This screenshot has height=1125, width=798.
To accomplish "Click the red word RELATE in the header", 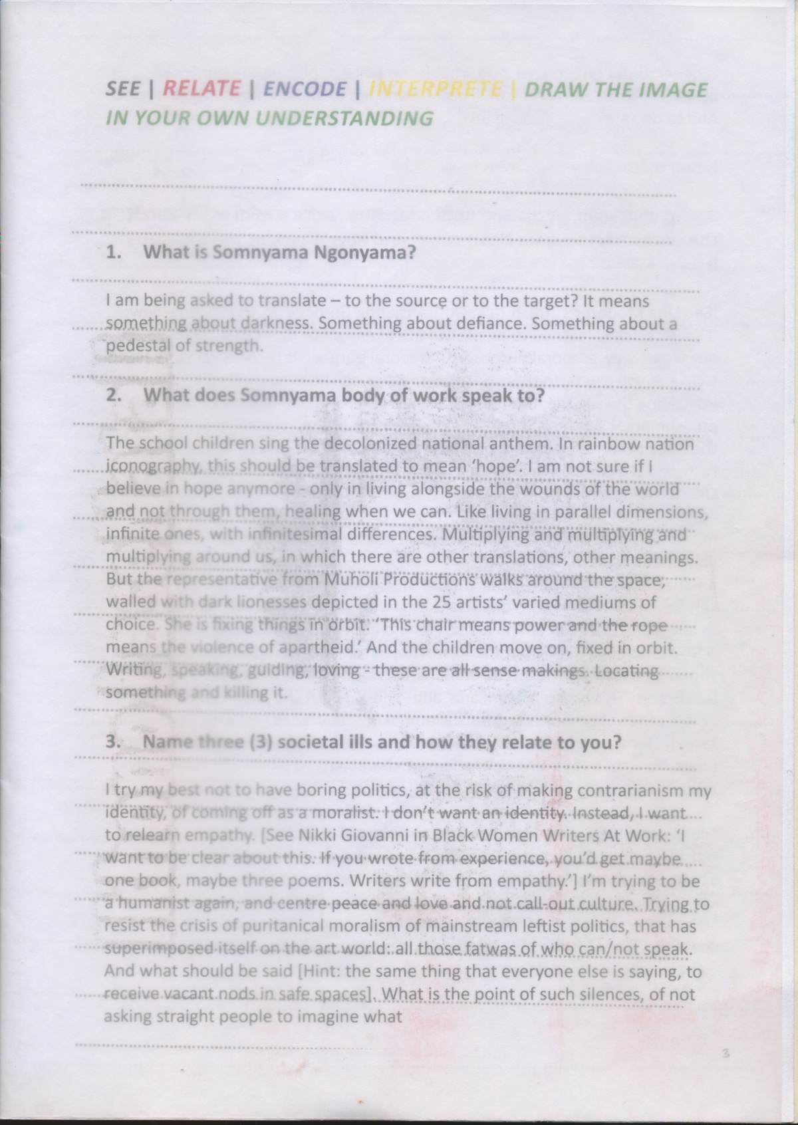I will [201, 88].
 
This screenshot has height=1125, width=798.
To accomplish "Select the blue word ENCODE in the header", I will [305, 89].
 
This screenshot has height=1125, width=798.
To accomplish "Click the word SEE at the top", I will [123, 89].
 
